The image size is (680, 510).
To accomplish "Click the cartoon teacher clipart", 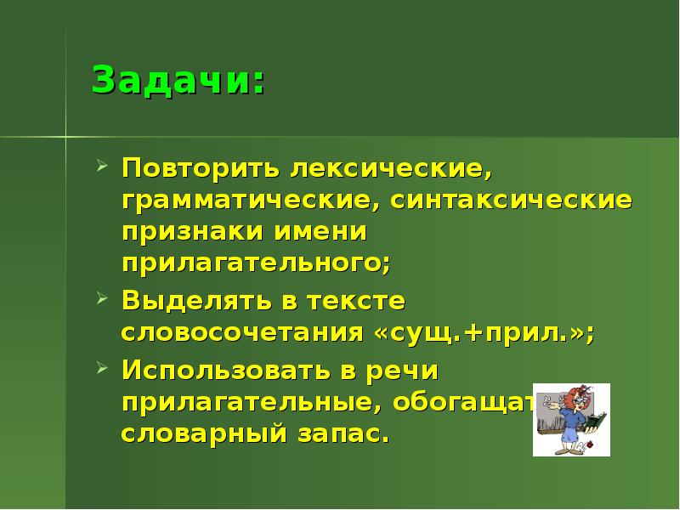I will pyautogui.click(x=571, y=419).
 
